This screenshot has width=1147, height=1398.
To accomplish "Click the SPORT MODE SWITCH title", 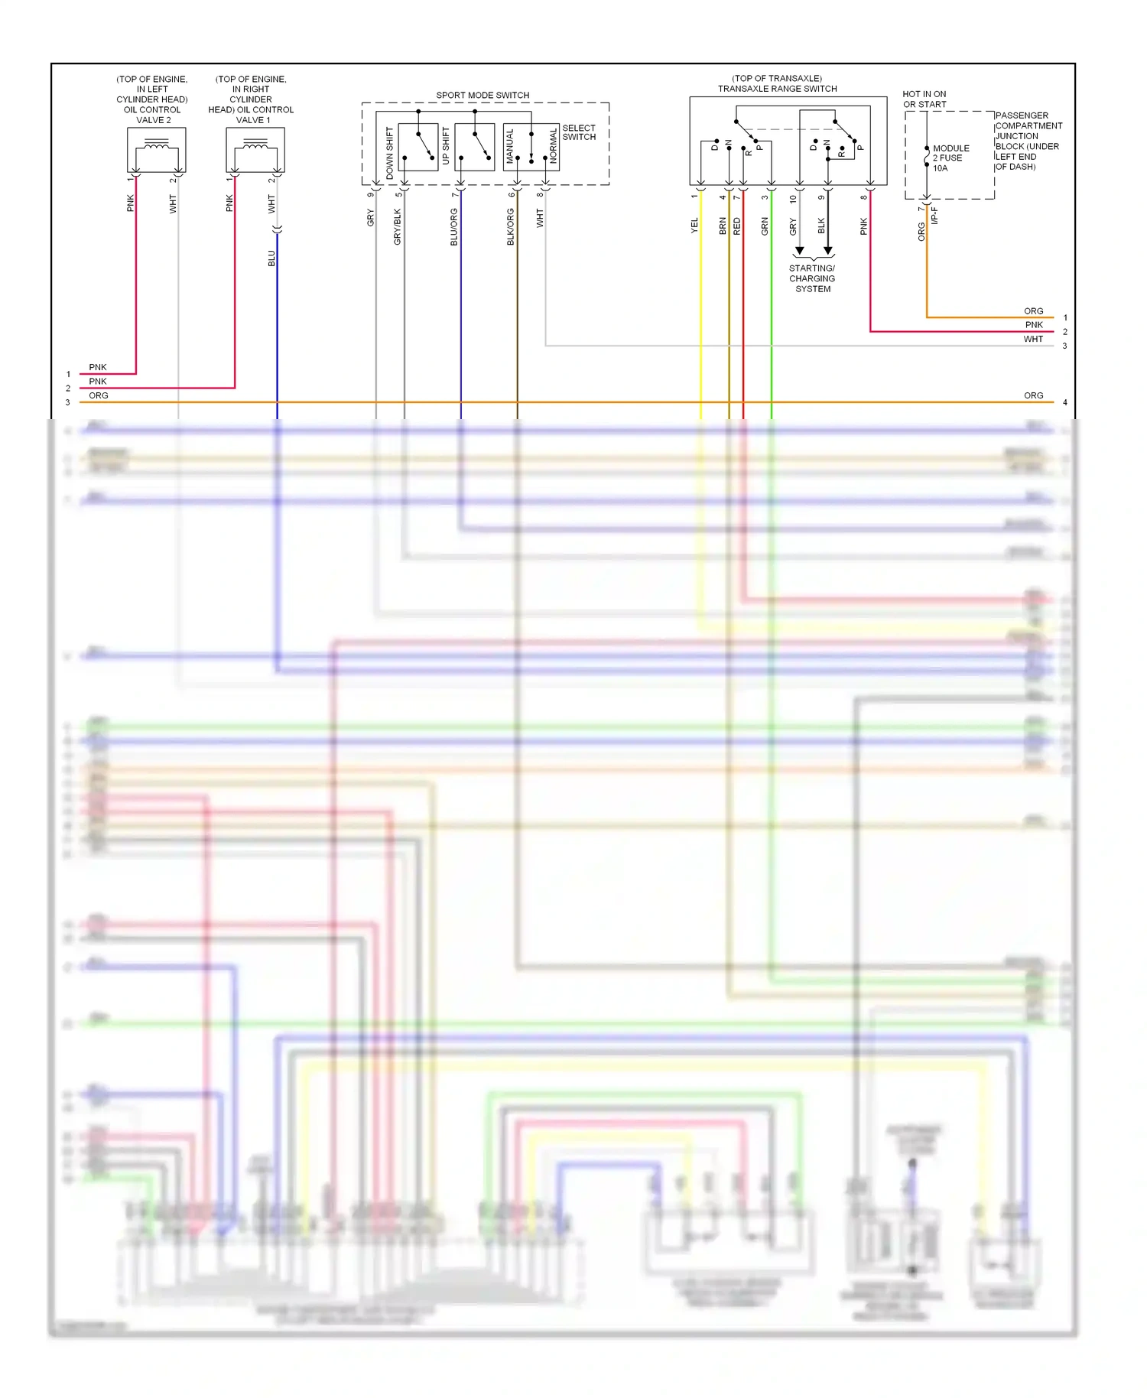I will (x=483, y=96).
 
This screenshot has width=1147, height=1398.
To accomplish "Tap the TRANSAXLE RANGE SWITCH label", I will (x=777, y=89).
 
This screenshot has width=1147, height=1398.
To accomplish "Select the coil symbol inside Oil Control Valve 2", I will (x=157, y=145).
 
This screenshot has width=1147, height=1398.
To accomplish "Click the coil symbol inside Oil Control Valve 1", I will (x=255, y=145).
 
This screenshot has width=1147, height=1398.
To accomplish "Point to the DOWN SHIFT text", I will (x=390, y=153).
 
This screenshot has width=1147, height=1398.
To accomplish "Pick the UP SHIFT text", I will (x=446, y=145).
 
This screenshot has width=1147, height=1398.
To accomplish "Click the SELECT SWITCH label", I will (x=579, y=132).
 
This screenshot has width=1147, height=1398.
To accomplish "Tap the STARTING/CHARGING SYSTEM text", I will (x=812, y=278).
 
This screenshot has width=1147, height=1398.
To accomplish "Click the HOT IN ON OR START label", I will (x=924, y=99).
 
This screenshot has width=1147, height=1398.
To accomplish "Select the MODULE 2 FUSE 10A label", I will (x=950, y=158).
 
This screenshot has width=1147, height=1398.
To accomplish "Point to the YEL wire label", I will (x=694, y=226).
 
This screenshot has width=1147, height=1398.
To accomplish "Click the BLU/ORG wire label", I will (x=454, y=226).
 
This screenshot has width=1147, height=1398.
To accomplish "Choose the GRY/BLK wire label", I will (x=398, y=226).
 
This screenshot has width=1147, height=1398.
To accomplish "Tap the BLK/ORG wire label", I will (x=511, y=226).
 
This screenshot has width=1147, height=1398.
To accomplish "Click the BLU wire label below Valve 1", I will (x=271, y=258).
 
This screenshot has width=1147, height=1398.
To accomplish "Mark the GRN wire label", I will (x=765, y=226).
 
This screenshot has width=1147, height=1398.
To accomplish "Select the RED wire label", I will (x=737, y=226).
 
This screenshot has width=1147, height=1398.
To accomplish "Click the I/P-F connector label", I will (x=934, y=215).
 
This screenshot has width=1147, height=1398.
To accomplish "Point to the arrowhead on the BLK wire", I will (x=828, y=251).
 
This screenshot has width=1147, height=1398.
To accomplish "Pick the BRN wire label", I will (x=723, y=226).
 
